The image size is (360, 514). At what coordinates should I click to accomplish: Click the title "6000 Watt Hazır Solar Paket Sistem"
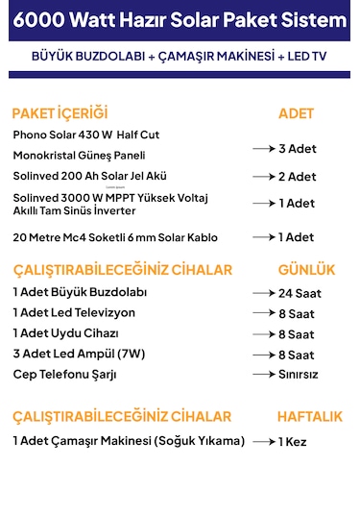180,20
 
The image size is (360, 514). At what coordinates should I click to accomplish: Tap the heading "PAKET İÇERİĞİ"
60,112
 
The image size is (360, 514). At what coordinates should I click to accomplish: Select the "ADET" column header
296,113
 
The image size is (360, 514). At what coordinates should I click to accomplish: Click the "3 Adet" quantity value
297,149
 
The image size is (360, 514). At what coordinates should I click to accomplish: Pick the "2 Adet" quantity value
297,177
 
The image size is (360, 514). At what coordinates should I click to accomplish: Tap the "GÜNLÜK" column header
306,270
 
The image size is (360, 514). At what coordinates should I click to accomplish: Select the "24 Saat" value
300,293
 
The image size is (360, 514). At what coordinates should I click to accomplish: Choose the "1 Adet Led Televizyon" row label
74,312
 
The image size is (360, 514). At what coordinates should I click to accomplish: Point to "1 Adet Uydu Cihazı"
65,333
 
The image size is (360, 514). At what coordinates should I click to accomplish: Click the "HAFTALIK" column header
309,417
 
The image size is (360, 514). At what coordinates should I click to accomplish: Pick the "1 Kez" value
294,441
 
